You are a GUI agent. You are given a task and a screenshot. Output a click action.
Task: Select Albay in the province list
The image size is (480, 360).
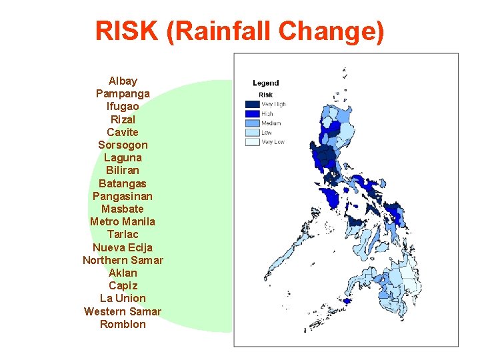point(123,81)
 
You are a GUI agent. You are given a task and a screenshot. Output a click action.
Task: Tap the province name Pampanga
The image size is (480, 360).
point(123,93)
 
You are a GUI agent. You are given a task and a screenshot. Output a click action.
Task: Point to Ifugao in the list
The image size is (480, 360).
point(123,106)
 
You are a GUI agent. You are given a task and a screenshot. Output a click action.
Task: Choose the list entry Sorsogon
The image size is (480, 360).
point(123,145)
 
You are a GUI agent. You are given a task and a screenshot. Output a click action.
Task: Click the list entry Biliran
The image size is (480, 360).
point(123,170)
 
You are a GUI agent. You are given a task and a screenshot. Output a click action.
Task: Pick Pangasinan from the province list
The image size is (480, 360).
point(123,196)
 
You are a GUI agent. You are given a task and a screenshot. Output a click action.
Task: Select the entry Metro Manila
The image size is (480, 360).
point(123,221)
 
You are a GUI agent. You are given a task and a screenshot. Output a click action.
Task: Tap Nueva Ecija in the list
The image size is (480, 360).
point(123,247)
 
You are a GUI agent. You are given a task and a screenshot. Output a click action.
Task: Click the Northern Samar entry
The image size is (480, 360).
point(123,260)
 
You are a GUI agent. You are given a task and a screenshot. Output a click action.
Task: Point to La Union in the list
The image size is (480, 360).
point(123,298)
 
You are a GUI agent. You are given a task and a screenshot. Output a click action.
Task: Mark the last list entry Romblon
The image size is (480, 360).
point(123,324)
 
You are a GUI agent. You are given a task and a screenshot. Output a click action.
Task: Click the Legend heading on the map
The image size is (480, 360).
point(265,83)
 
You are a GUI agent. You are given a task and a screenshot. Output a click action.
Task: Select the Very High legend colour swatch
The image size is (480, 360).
point(252,105)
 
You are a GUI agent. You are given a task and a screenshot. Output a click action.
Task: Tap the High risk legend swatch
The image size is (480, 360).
point(252,114)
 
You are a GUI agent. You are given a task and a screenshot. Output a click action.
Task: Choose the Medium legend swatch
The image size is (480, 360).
point(252,123)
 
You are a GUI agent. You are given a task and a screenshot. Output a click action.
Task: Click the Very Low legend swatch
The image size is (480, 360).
point(252,142)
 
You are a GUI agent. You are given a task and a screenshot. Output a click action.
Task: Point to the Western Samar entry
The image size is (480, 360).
point(123,311)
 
